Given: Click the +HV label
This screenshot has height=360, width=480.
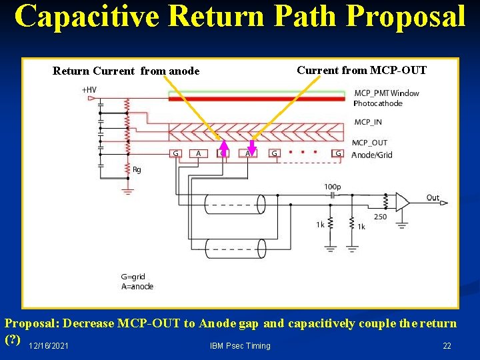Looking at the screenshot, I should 88,89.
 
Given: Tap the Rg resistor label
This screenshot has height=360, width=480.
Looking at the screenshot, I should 137,170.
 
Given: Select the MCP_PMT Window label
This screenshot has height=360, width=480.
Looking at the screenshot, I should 387,93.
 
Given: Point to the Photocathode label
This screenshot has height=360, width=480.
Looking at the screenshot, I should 377,103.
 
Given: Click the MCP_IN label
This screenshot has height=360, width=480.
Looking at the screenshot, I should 369,122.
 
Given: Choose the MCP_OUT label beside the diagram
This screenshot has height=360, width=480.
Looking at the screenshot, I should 370,143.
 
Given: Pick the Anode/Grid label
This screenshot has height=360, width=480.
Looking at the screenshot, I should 372,155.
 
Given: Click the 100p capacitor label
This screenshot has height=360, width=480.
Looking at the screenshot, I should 332,187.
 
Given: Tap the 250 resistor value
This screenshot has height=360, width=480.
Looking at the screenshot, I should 379,217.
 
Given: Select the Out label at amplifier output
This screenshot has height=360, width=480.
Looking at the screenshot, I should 433,197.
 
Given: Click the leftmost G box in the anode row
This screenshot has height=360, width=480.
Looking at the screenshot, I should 176,154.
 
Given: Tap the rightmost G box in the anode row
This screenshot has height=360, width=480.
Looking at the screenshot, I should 339,154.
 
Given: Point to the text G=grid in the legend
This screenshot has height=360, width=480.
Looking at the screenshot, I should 133,277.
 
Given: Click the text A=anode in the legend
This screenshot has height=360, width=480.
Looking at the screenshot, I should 137,287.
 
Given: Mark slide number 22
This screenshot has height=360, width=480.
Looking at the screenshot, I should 447,345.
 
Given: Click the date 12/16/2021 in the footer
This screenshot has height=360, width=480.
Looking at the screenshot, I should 48,345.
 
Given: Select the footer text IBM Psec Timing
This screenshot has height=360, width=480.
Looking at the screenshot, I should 240,345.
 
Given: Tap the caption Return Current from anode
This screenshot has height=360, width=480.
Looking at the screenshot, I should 126,71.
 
